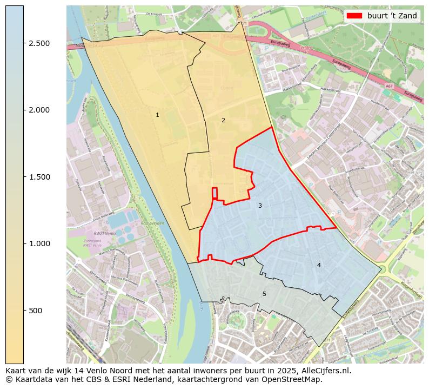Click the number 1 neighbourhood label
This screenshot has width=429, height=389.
(x=157, y=115)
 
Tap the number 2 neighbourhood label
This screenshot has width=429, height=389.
(x=223, y=120)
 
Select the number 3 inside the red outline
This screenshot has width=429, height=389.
(x=260, y=206)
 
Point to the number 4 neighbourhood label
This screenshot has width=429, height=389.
(x=319, y=265)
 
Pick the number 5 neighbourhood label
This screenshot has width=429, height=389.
(x=264, y=294)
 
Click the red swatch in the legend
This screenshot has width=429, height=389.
(x=354, y=16)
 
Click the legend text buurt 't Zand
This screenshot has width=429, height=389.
(x=392, y=16)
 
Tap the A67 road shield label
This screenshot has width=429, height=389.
(x=389, y=86)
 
